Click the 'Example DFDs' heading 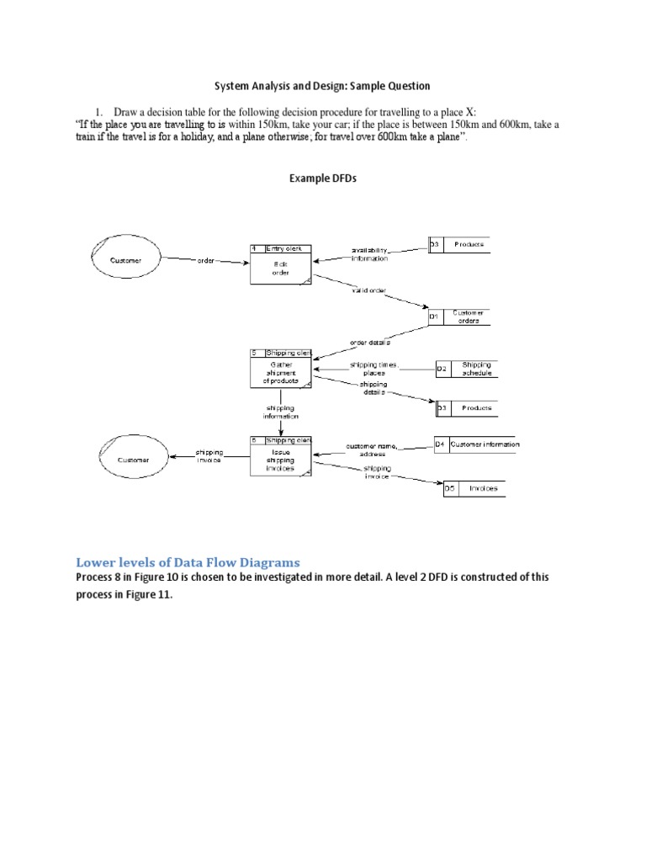323,179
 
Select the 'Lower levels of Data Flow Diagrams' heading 188,561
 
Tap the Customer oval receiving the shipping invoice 134,460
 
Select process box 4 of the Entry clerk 281,265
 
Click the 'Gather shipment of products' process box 281,369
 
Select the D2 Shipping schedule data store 466,369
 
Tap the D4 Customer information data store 476,444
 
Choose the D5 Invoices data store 474,488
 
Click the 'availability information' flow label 370,254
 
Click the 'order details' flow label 369,343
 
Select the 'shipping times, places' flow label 373,369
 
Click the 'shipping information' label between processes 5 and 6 280,412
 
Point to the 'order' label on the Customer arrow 205,261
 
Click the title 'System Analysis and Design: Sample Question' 322,86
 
